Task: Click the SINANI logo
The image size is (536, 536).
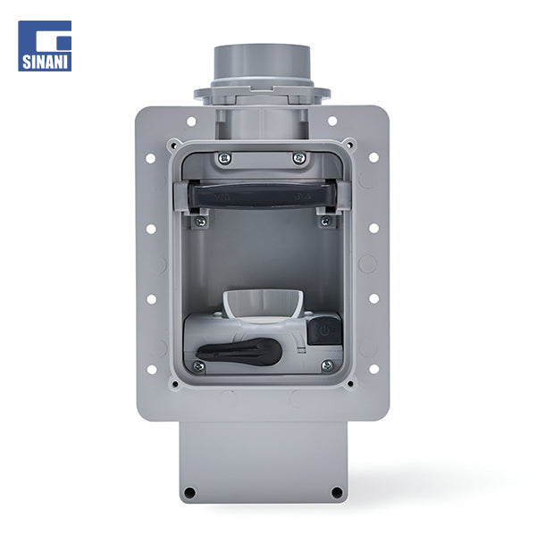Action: click(45, 46)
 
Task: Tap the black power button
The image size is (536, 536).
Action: click(324, 331)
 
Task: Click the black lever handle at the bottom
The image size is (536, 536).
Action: click(239, 351)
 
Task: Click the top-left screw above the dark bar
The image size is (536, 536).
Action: click(224, 158)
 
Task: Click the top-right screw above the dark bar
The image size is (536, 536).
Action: click(299, 158)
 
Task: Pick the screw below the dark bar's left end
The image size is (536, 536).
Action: click(200, 222)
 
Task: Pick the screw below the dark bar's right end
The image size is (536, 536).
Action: click(325, 222)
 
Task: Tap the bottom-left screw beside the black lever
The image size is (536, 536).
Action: click(198, 366)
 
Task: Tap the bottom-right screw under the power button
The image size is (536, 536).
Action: click(327, 365)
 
